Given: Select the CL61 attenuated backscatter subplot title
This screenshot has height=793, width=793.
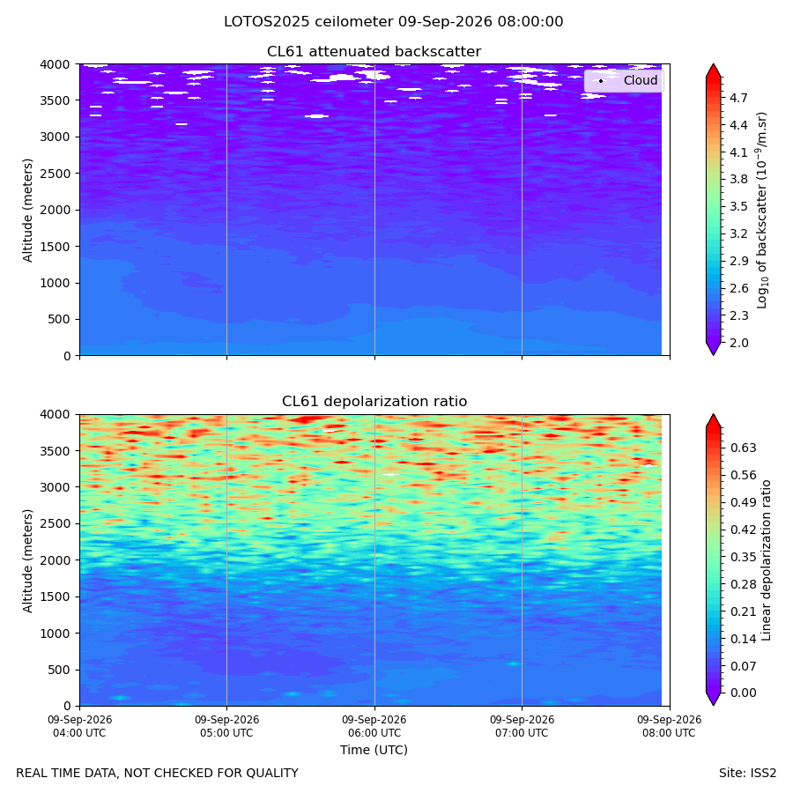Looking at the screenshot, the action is click(x=374, y=52).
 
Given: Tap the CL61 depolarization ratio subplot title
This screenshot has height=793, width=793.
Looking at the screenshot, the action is click(x=374, y=402).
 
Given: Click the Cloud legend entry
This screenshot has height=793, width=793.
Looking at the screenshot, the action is click(x=624, y=80).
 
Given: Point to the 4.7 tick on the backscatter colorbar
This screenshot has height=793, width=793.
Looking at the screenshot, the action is click(x=738, y=98).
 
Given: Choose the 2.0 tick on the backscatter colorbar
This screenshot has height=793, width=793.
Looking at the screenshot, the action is click(x=738, y=343).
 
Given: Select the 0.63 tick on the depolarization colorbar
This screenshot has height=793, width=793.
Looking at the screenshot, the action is click(x=744, y=448).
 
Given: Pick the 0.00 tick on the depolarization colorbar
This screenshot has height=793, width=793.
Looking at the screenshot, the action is click(x=744, y=693).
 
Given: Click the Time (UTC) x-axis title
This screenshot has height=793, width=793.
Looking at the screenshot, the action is click(x=374, y=750).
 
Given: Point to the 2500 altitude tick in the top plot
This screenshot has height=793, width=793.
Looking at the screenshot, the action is click(x=56, y=174).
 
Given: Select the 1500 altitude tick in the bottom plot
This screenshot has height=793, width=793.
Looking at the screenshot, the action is click(x=56, y=597).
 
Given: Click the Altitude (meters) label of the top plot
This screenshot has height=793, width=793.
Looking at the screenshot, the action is click(x=27, y=211).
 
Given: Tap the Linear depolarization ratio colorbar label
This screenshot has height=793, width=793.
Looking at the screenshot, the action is click(x=766, y=560).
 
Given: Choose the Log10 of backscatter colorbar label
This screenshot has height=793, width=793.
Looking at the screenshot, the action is click(x=761, y=211).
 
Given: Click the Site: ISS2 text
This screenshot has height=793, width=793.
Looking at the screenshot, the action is click(x=747, y=774).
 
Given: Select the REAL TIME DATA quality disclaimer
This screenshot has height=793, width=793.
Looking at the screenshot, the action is click(x=158, y=774).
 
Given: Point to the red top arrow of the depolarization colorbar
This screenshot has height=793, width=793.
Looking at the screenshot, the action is click(x=713, y=421).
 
